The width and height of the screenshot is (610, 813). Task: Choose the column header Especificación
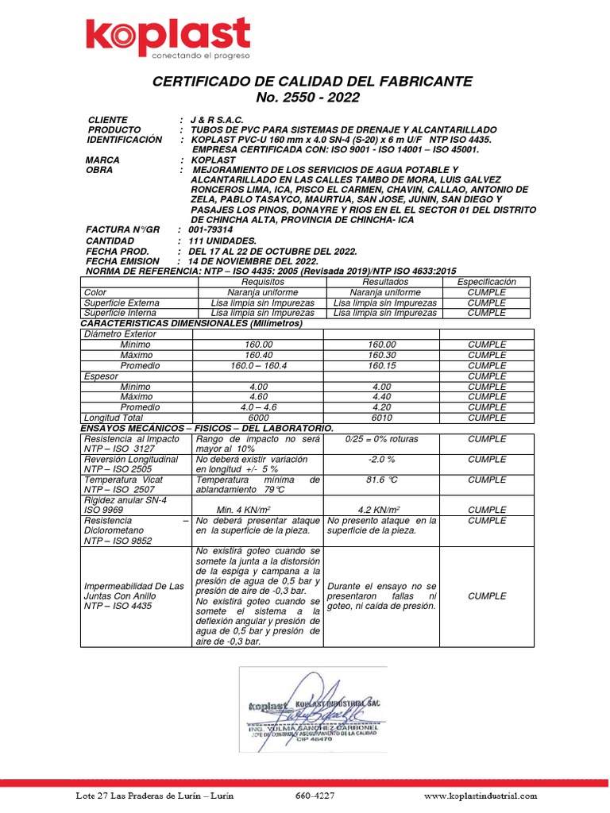coord(486,282)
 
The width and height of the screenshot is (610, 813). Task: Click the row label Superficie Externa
coord(122,302)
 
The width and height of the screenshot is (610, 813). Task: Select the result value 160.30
coord(380,355)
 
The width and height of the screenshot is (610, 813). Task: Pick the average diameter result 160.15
coord(380,365)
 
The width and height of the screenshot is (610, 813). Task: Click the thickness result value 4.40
coord(380,396)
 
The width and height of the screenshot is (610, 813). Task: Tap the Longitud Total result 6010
coord(380,418)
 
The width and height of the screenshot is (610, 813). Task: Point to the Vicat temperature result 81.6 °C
coord(382,480)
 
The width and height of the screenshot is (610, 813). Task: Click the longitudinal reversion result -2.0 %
coord(381,460)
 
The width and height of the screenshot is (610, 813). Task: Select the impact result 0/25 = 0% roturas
coord(381,439)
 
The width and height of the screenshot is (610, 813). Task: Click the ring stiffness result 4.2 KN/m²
coord(380,510)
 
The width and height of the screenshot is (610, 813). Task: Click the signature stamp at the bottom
coord(313,709)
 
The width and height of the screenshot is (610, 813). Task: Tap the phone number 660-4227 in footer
coord(315,796)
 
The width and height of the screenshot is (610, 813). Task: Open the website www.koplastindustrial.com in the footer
coord(481,796)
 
